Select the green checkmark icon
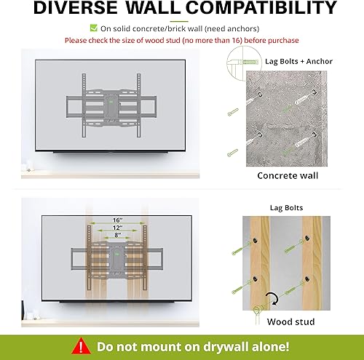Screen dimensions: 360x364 tap(93, 28)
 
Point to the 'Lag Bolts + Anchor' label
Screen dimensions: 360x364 tap(298, 61)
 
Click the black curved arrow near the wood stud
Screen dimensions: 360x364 tap(272, 298)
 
